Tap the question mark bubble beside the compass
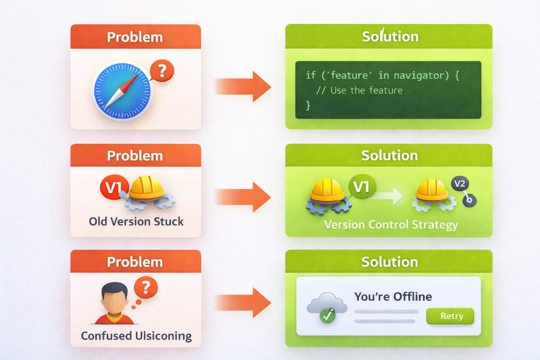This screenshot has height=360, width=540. click(x=162, y=71)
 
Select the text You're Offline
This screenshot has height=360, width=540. click(x=393, y=297)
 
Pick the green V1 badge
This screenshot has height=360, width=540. click(x=362, y=187)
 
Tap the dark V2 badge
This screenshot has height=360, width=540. click(x=459, y=184)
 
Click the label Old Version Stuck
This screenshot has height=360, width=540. click(x=136, y=221)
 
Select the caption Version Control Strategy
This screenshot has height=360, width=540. click(x=391, y=225)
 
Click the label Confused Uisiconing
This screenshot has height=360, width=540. click(x=136, y=336)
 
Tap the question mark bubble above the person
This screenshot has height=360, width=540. click(x=146, y=287)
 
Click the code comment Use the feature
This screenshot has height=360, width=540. click(x=366, y=91)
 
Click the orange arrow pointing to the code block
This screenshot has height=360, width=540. click(x=242, y=86)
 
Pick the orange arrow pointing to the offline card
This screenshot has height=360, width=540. click(x=242, y=302)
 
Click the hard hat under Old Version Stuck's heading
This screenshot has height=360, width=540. click(x=147, y=188)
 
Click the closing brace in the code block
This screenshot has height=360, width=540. click(x=308, y=105)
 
